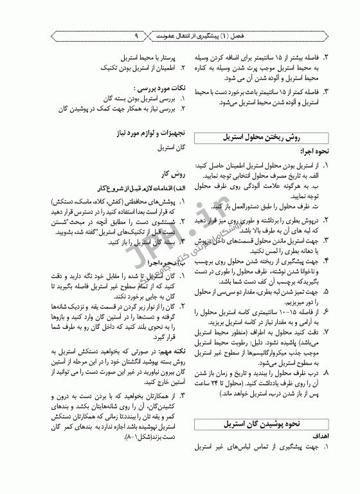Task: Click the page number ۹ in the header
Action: point(138,37)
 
